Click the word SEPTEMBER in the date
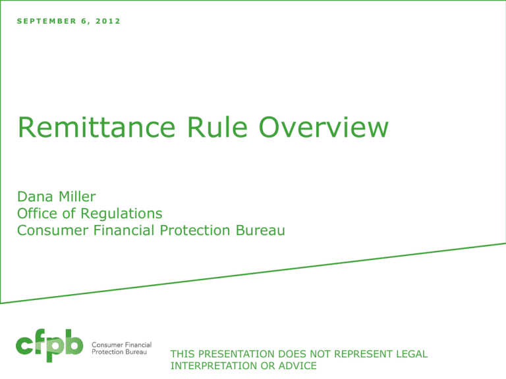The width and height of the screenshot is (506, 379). pyautogui.click(x=47, y=21)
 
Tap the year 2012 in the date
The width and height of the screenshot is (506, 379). pyautogui.click(x=108, y=21)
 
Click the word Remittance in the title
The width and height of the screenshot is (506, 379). pyautogui.click(x=96, y=127)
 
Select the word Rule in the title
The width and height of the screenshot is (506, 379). pyautogui.click(x=217, y=127)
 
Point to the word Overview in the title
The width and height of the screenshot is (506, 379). pyautogui.click(x=323, y=127)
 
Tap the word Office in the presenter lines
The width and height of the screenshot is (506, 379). pyautogui.click(x=37, y=213)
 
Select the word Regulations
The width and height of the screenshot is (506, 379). pyautogui.click(x=121, y=214)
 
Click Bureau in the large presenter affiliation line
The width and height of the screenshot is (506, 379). pyautogui.click(x=260, y=230)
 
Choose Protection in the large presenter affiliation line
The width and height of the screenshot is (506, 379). pyautogui.click(x=195, y=230)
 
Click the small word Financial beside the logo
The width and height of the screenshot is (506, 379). pyautogui.click(x=138, y=345)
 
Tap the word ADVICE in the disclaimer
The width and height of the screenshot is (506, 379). pyautogui.click(x=298, y=366)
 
